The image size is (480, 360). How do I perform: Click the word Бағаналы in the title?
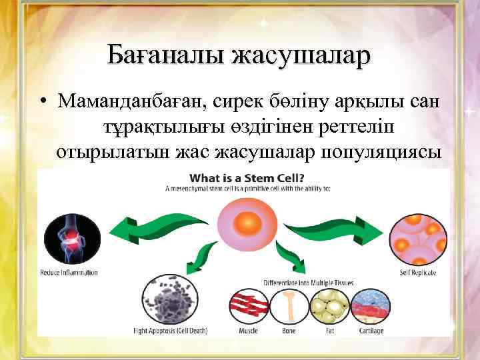point(165,55)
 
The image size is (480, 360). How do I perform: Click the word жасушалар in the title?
point(300,55)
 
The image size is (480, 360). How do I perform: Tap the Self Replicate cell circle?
point(417,239)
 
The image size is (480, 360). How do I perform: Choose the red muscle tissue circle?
point(250,305)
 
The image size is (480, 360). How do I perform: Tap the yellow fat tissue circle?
point(328,305)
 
